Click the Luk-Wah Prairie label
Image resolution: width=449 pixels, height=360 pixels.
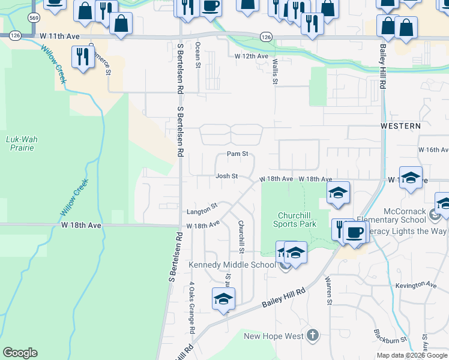point(22,143)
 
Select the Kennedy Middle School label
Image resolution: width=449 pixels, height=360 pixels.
point(232,265)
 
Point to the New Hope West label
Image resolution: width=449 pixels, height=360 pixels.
point(273,336)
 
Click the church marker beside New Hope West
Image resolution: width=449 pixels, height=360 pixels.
point(312,335)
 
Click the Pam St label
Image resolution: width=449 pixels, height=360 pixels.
point(238,154)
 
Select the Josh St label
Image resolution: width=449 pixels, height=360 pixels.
point(227,176)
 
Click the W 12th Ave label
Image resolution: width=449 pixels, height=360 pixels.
point(252,56)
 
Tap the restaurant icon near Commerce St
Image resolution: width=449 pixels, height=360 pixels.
point(81,56)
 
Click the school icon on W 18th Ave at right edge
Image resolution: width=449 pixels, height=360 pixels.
point(411,178)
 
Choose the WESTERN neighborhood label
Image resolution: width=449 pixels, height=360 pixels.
point(400,126)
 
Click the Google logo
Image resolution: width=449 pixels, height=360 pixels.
point(20,353)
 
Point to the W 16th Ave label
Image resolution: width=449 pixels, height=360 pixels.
point(433,149)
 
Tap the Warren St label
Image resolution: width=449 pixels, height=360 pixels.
point(329,290)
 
